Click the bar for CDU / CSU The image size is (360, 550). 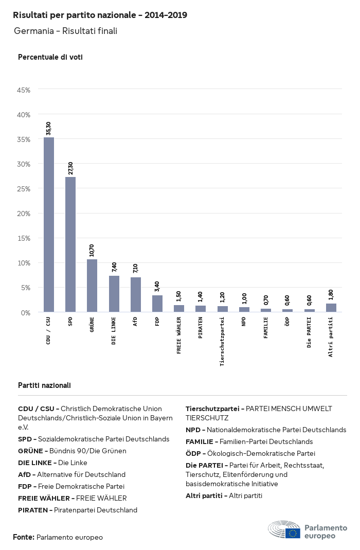coord(48,224)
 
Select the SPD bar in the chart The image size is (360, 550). coord(70,244)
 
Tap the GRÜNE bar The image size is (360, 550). coord(92,286)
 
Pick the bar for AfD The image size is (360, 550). coord(135,294)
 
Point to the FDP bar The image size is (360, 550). coord(157,304)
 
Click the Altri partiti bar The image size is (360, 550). coord(331,308)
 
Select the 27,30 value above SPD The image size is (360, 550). coord(70,168)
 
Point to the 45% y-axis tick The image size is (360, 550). coord(24,90)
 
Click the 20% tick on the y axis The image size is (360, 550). coord(24,214)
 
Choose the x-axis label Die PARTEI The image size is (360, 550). coord(309,332)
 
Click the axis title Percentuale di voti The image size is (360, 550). coord(50,57)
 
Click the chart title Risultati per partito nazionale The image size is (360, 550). coord(100,15)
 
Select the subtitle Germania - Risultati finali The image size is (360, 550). coord(66,31)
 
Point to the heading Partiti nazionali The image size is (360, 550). coord(44,385)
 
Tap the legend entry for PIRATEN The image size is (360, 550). coord(78,510)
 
